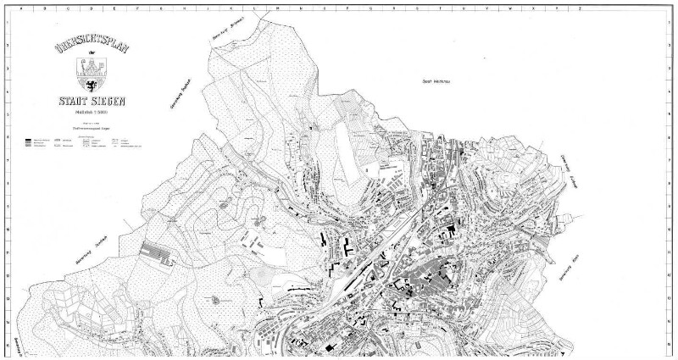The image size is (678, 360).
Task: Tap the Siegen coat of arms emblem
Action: click(x=91, y=68)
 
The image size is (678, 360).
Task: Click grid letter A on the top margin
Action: click(x=9, y=6)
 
